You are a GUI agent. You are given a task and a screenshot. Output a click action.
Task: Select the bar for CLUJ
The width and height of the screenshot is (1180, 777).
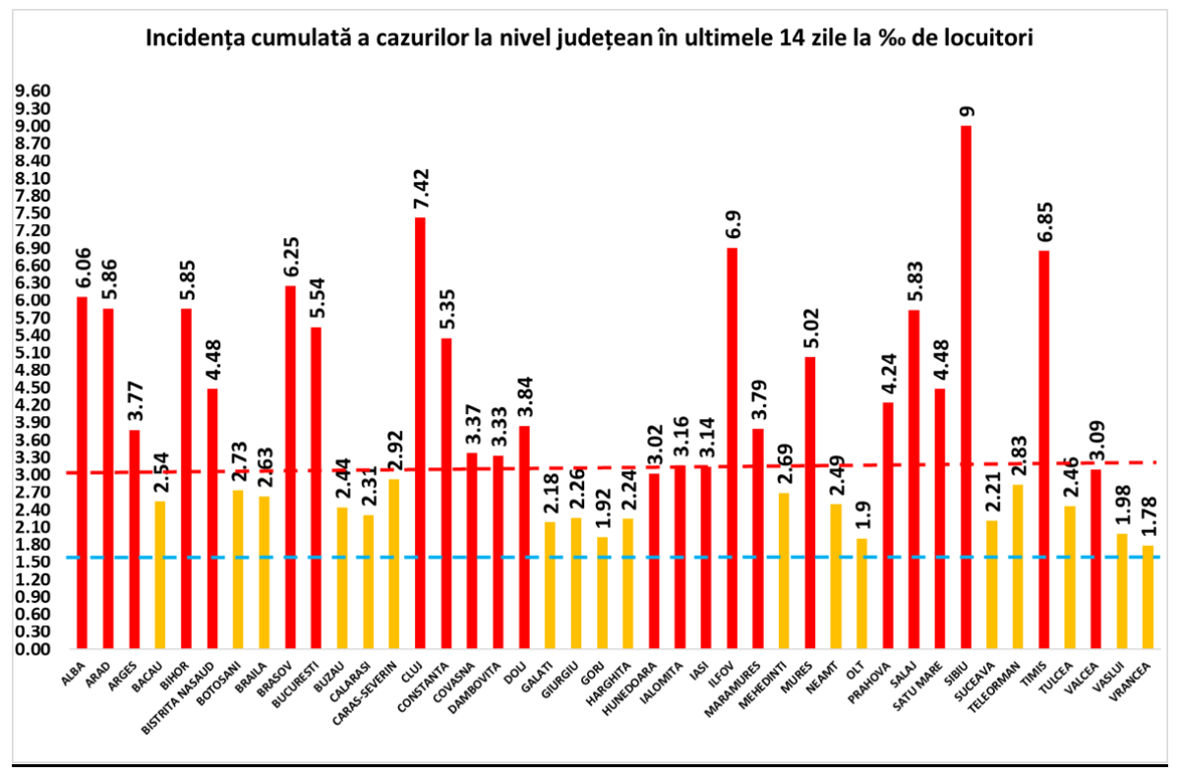tap(420, 433)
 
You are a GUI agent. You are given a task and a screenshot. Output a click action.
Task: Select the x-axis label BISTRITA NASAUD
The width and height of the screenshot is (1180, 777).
tap(183, 693)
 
